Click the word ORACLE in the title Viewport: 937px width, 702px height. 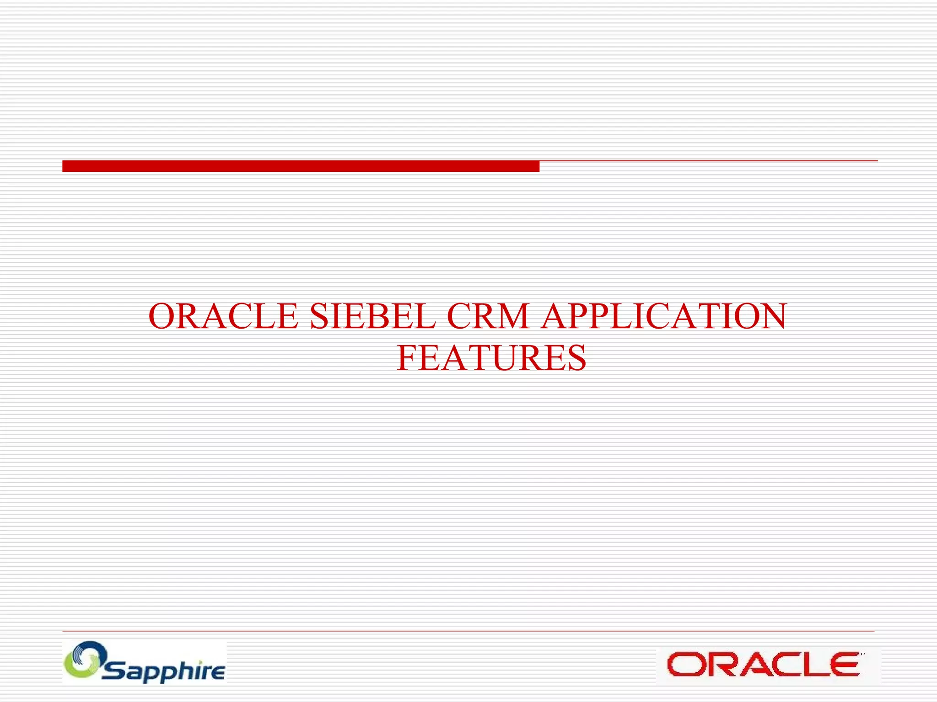[223, 316]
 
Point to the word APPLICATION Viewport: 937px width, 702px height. [663, 316]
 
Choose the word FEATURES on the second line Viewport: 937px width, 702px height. [491, 358]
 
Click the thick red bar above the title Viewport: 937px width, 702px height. [301, 166]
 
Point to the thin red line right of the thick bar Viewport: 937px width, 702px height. [708, 161]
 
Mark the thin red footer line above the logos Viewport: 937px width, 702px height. [468, 631]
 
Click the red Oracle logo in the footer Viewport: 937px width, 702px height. [763, 665]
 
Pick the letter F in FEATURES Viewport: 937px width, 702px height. [406, 358]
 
